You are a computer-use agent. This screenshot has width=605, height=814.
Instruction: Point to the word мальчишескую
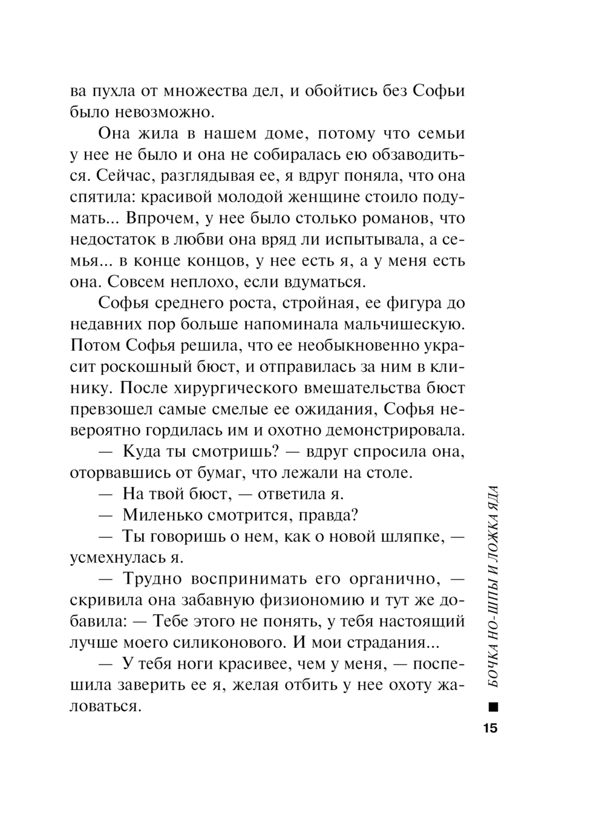coord(401,324)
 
